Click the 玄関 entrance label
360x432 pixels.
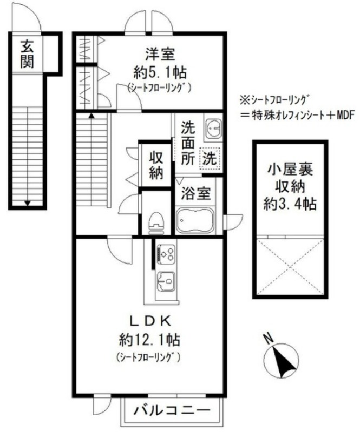pos(27,54)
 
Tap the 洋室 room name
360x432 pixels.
pos(160,54)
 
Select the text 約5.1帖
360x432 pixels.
pos(160,72)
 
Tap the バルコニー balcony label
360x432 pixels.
pos(172,411)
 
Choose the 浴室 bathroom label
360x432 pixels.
pos(195,193)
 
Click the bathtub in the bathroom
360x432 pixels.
pos(195,220)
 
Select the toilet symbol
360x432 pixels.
pos(156,222)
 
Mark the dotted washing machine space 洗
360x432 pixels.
pos(210,159)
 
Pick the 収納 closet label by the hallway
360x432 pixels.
pos(156,165)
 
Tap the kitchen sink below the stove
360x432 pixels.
pos(166,281)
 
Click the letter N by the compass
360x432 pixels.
pos(267,339)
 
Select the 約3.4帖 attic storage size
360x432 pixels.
pos(290,205)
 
